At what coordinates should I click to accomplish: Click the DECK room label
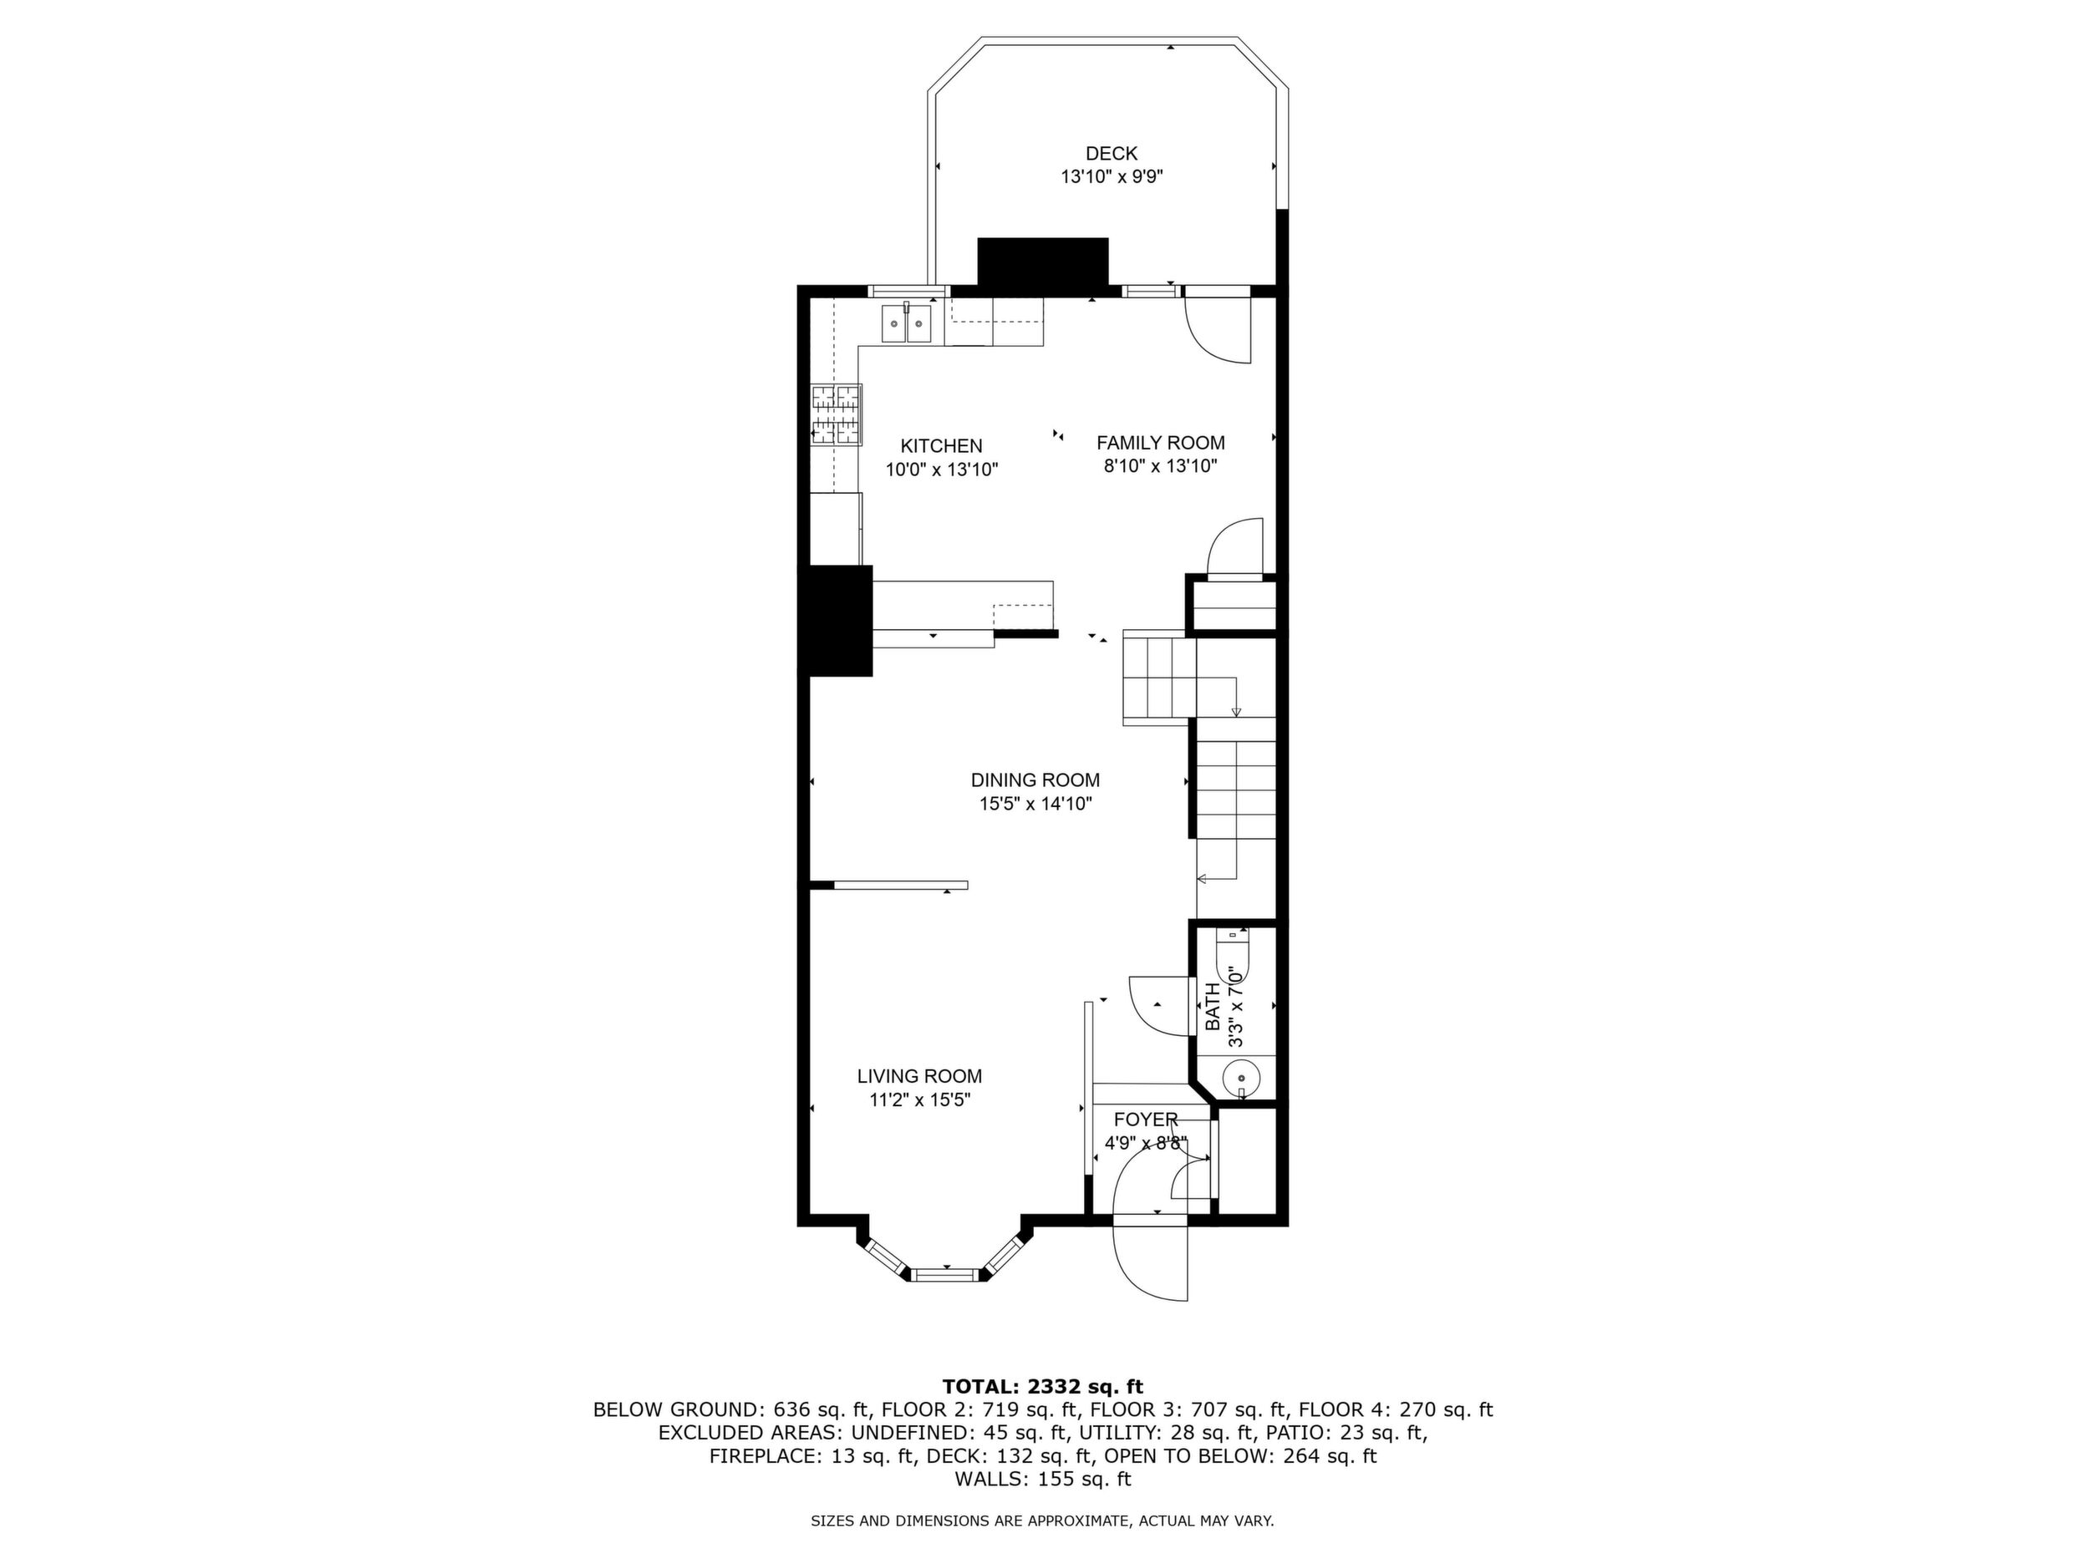(1111, 154)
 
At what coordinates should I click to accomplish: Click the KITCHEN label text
(941, 446)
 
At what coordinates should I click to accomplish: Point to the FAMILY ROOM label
(1161, 442)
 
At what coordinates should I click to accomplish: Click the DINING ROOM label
(1035, 780)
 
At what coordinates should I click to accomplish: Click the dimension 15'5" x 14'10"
(1035, 805)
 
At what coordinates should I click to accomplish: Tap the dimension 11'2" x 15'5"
(919, 1099)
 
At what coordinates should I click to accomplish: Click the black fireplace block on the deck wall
(1042, 262)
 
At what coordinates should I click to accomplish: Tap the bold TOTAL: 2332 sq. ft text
(1042, 1386)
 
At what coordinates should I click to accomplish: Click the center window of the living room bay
(946, 1276)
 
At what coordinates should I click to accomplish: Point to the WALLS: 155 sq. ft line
(1042, 1479)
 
